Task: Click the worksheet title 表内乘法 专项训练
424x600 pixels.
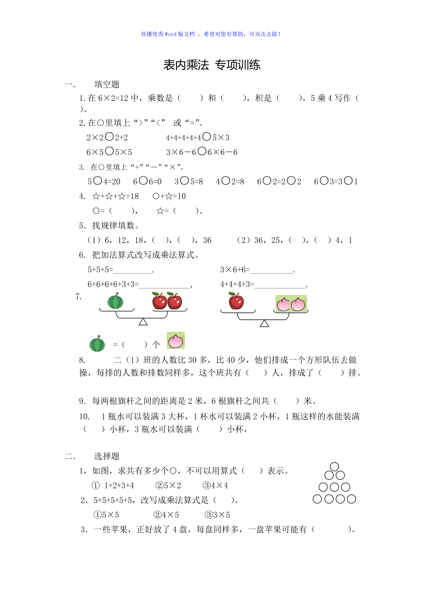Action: click(212, 65)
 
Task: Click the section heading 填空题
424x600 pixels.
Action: click(107, 84)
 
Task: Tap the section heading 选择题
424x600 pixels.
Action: click(107, 456)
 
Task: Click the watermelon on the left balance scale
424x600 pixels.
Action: click(116, 301)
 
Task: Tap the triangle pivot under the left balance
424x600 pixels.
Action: click(143, 322)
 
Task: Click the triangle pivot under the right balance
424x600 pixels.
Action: click(264, 324)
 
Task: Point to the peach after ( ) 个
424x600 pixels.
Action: click(176, 341)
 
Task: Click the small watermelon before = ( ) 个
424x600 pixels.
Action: click(97, 344)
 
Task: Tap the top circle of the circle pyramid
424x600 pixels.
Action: click(335, 466)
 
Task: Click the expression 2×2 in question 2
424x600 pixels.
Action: click(95, 137)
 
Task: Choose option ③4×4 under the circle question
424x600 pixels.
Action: click(215, 485)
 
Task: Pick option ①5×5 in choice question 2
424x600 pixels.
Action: click(106, 515)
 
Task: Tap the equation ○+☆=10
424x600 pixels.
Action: click(169, 196)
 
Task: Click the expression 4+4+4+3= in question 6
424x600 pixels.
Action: click(237, 284)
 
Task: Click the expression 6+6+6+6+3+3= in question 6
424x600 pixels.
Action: click(113, 284)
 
